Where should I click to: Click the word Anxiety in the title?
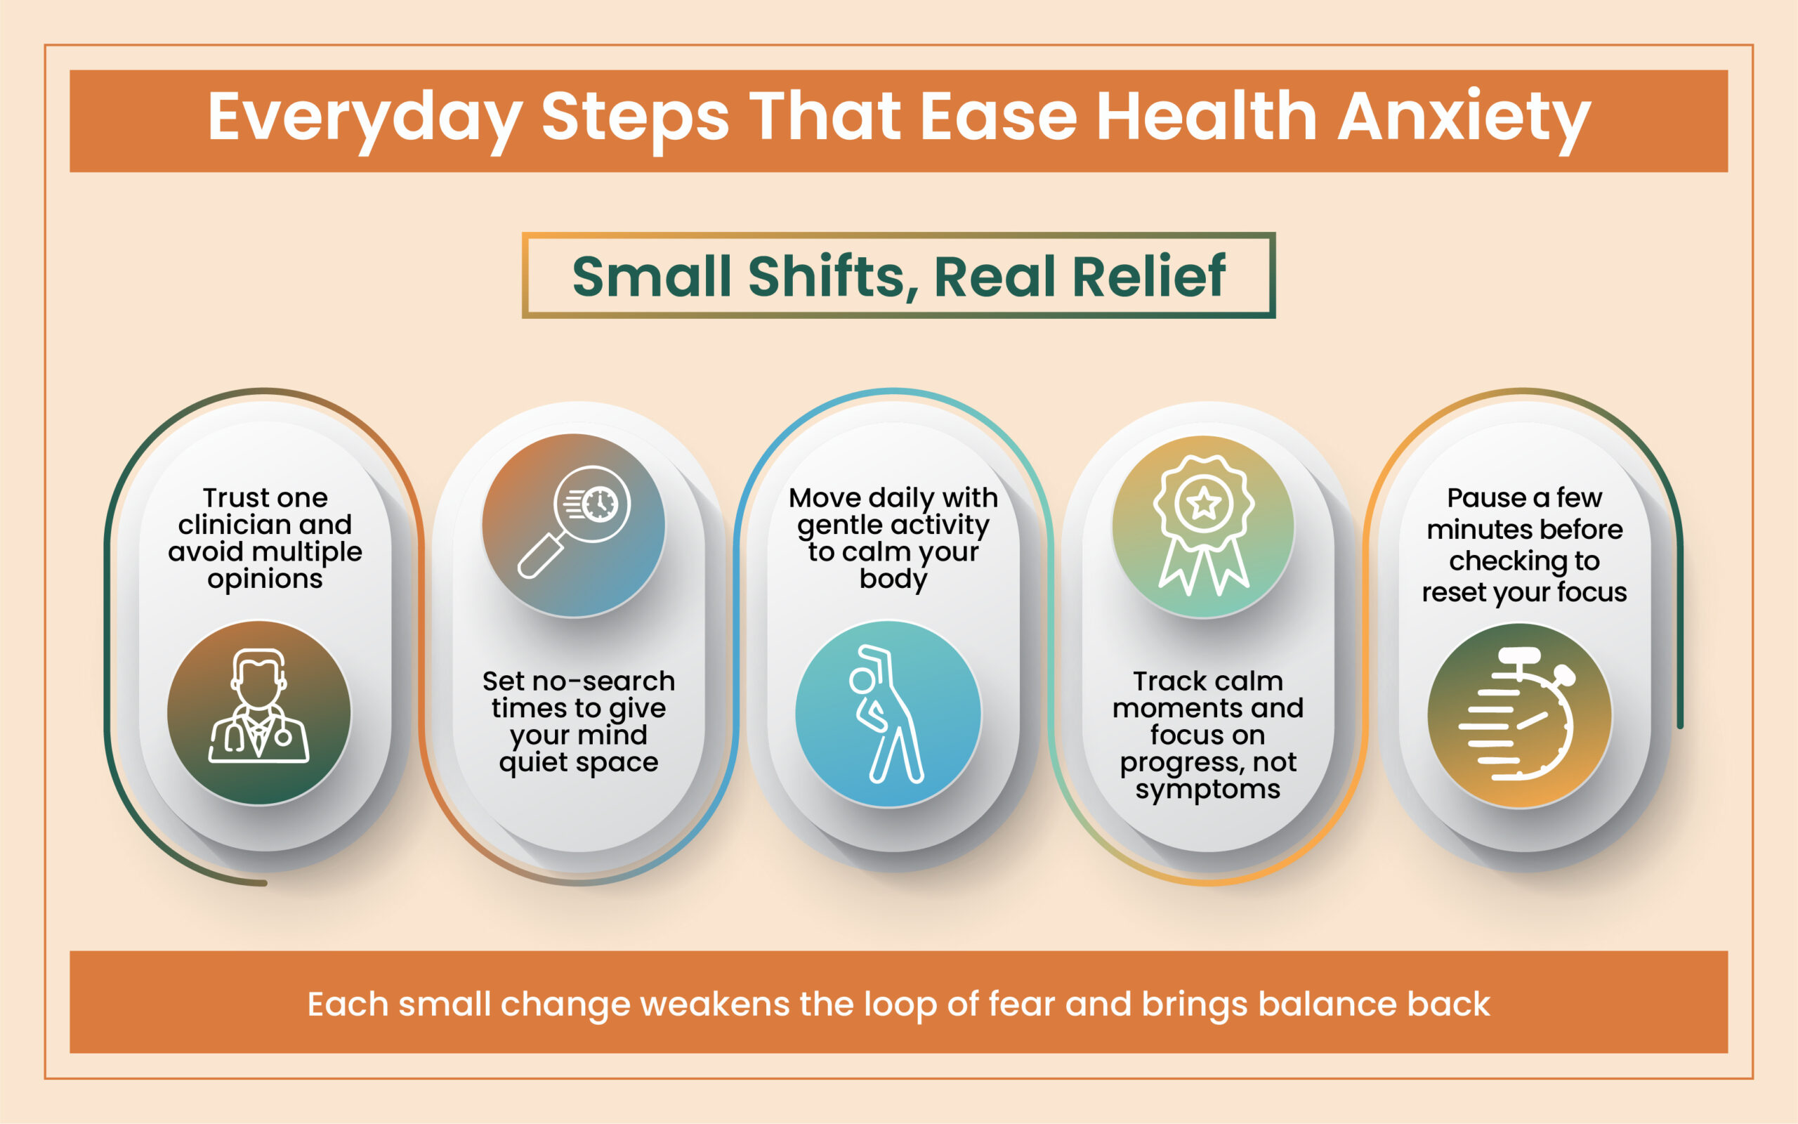coord(1464,119)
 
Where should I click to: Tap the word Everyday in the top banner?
coord(365,119)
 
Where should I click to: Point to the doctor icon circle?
coord(258,713)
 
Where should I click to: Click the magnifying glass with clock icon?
coord(574,525)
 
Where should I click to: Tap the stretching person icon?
coord(888,714)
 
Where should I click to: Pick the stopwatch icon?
coord(1519,715)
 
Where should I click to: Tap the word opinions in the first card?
coord(265,580)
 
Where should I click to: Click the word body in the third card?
coord(893,579)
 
